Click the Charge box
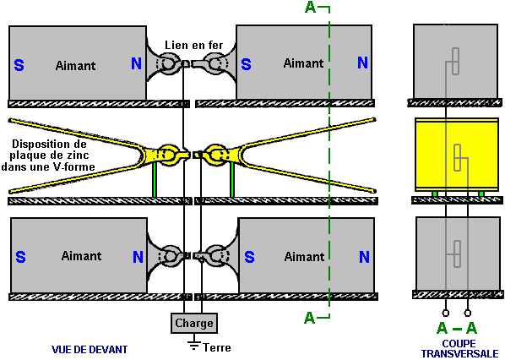[x=194, y=323]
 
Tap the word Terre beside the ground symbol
[x=217, y=348]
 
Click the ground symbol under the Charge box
[x=193, y=342]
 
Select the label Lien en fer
[x=194, y=45]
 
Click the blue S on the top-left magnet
[x=19, y=65]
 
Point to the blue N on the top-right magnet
[x=362, y=63]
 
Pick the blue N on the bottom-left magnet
[x=138, y=257]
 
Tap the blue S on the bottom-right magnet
[x=249, y=257]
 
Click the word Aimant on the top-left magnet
[x=75, y=66]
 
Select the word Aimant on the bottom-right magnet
[x=304, y=257]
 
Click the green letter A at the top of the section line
[x=310, y=7]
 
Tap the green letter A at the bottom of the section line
[x=310, y=318]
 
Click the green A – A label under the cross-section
[x=457, y=329]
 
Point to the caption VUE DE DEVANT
[x=90, y=350]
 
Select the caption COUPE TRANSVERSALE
[x=459, y=349]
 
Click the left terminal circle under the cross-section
[x=446, y=313]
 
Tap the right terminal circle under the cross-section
[x=468, y=313]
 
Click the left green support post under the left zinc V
[x=155, y=180]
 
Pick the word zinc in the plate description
[x=78, y=155]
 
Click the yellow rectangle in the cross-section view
[x=457, y=155]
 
